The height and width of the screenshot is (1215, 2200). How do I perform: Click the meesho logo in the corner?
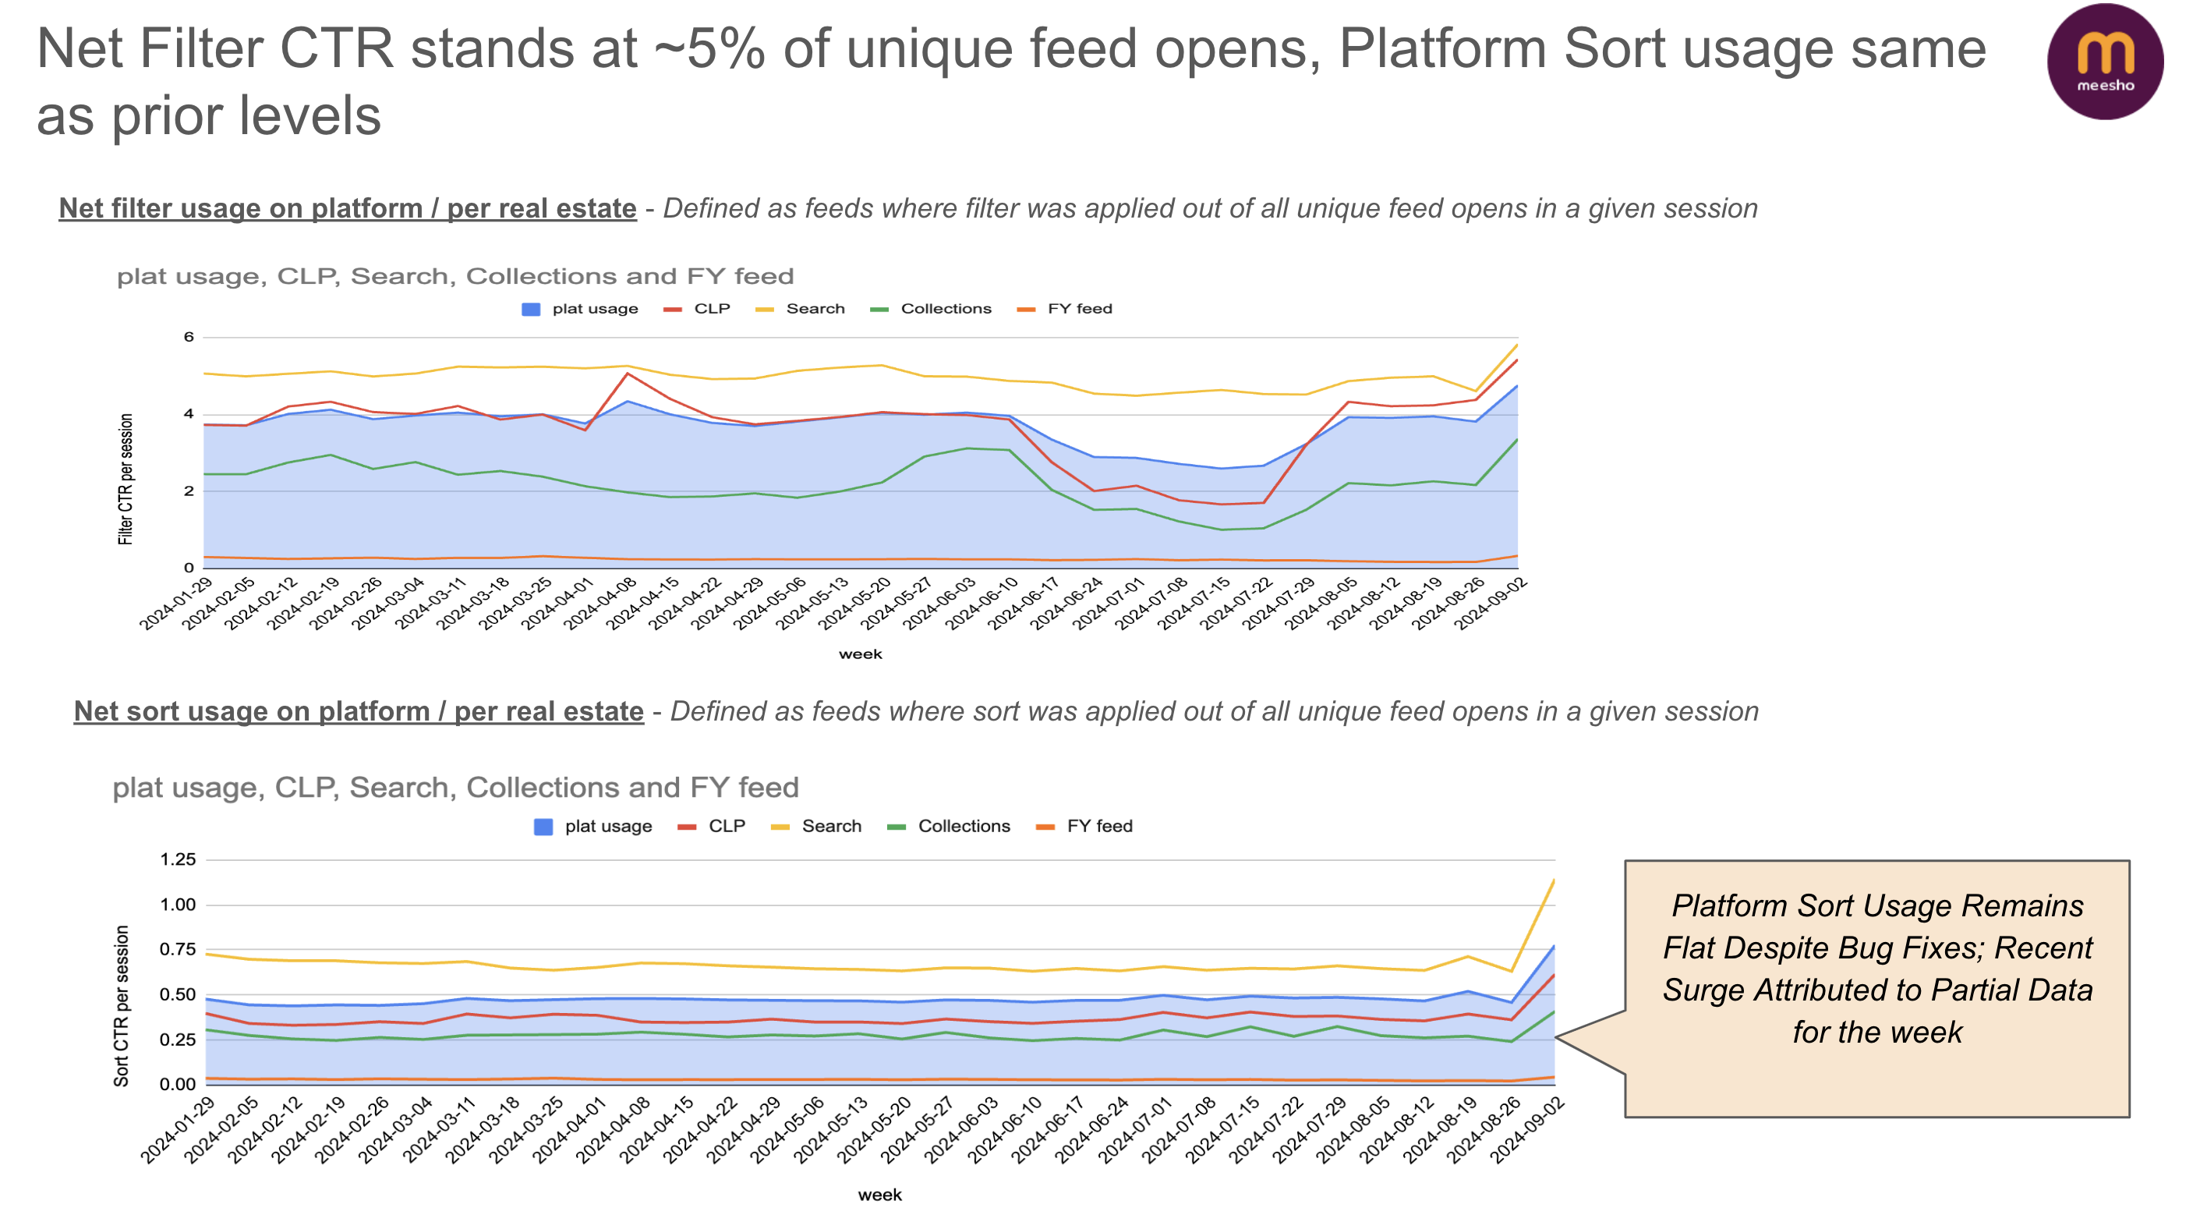click(2104, 62)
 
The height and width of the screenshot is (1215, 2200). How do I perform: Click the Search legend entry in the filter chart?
click(814, 309)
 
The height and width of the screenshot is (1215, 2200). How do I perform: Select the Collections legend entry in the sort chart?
click(963, 826)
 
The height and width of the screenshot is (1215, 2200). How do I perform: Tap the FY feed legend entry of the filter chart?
click(1079, 309)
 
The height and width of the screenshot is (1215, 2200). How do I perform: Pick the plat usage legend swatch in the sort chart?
click(543, 826)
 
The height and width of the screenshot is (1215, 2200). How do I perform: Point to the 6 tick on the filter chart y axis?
click(189, 337)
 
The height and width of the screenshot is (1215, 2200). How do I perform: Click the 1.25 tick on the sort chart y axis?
click(178, 859)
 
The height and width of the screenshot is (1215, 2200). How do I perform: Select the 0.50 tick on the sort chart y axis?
click(178, 994)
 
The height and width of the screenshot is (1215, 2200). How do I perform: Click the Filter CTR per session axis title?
click(126, 480)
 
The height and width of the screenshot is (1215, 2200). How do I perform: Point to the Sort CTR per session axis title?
click(122, 1006)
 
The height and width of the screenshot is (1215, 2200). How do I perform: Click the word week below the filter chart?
click(860, 654)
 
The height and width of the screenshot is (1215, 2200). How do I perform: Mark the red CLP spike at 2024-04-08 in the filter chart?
click(628, 374)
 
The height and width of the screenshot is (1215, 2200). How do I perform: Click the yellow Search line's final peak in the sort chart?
click(1554, 880)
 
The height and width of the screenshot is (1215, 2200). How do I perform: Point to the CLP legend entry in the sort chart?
click(725, 826)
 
